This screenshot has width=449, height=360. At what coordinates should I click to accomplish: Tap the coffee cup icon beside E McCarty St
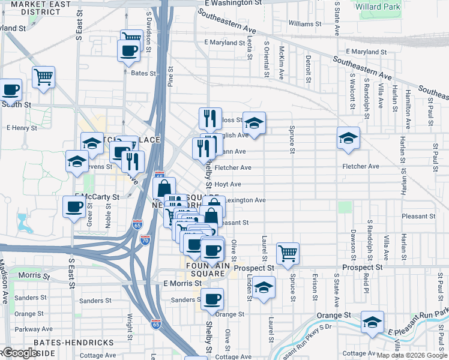coord(74,207)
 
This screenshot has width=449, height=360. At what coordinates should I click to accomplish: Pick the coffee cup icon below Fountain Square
coord(211,299)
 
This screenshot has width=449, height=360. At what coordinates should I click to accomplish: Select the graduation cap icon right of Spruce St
coord(349,139)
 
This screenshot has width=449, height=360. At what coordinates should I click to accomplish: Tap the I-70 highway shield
coord(145,239)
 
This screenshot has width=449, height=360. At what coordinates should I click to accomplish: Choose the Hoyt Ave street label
coord(228,184)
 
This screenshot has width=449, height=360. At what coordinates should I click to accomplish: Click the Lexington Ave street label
coord(245,200)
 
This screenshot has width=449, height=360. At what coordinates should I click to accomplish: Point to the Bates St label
coord(143,74)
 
